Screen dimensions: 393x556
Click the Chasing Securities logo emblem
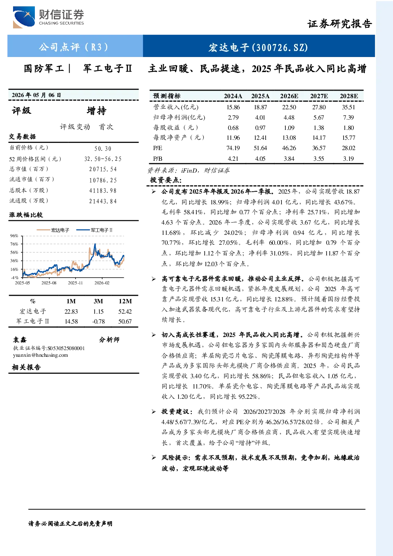(24, 17)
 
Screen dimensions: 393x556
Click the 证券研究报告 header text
(340, 24)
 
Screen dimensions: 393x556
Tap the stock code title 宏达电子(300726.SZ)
(258, 47)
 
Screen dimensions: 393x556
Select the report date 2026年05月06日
(36, 95)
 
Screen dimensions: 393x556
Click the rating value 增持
(97, 111)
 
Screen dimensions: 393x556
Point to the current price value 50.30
(103, 149)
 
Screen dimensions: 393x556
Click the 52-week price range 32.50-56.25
(103, 159)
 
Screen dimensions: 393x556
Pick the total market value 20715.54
(103, 169)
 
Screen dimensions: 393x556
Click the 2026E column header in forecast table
(289, 96)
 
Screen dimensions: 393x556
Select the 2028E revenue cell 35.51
(348, 107)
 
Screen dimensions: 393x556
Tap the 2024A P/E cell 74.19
(233, 148)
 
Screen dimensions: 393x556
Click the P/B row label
(158, 159)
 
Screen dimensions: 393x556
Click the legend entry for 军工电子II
(94, 230)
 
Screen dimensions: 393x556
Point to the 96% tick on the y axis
(14, 236)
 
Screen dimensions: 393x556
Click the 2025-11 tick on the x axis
(75, 283)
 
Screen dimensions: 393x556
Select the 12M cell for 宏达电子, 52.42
(125, 312)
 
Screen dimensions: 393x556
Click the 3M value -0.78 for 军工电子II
(99, 322)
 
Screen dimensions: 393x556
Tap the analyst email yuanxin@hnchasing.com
(40, 355)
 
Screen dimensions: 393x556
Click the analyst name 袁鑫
(20, 340)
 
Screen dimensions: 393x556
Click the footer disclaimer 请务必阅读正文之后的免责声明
(70, 524)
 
